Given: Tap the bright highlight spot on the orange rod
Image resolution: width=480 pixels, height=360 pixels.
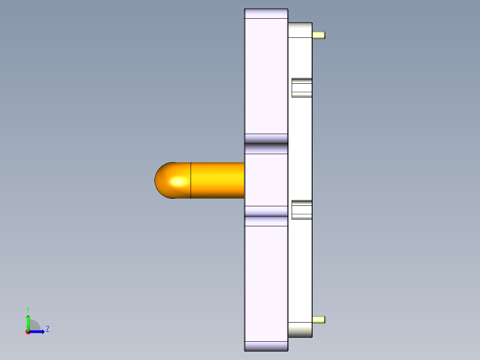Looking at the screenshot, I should (x=179, y=181).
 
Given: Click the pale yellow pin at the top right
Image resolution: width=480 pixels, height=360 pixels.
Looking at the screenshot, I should (x=319, y=35).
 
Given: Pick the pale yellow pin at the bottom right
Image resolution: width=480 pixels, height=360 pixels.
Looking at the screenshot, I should (x=319, y=319).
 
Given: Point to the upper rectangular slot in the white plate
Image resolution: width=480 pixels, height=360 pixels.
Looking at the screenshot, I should (x=301, y=87).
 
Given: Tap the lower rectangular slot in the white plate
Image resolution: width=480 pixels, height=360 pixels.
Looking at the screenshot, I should (x=301, y=210).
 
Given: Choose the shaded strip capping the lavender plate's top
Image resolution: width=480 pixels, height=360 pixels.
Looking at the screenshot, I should (x=266, y=14).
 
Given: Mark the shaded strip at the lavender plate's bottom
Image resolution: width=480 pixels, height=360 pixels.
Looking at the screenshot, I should (x=266, y=346).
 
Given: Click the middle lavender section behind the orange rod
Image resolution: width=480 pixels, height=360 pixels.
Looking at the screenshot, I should (x=266, y=180).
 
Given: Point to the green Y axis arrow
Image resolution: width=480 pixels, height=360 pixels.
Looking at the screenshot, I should (x=28, y=322).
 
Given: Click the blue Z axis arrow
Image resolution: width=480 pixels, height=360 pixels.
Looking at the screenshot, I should (x=38, y=331).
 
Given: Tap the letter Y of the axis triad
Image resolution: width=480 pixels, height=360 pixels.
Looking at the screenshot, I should (x=28, y=309).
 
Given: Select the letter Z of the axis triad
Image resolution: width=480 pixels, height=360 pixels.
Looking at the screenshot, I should (x=47, y=329).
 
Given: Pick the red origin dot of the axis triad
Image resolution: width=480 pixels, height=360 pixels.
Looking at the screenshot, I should (x=28, y=332).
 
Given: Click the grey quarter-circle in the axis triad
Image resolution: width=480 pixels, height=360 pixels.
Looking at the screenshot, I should (x=35, y=326).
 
